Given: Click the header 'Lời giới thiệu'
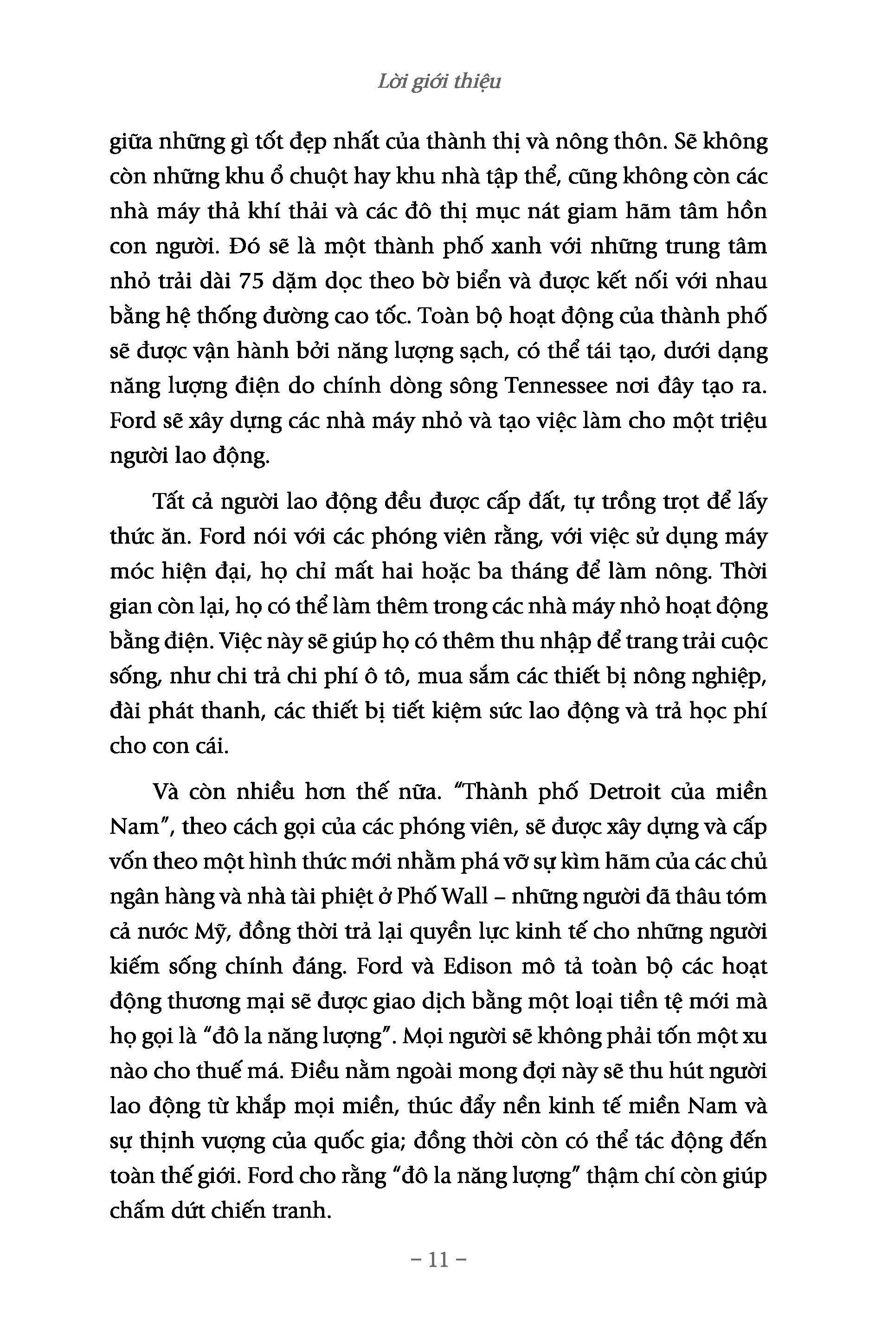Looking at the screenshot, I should (439, 83).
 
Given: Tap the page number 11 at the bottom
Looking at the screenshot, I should (439, 1260).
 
